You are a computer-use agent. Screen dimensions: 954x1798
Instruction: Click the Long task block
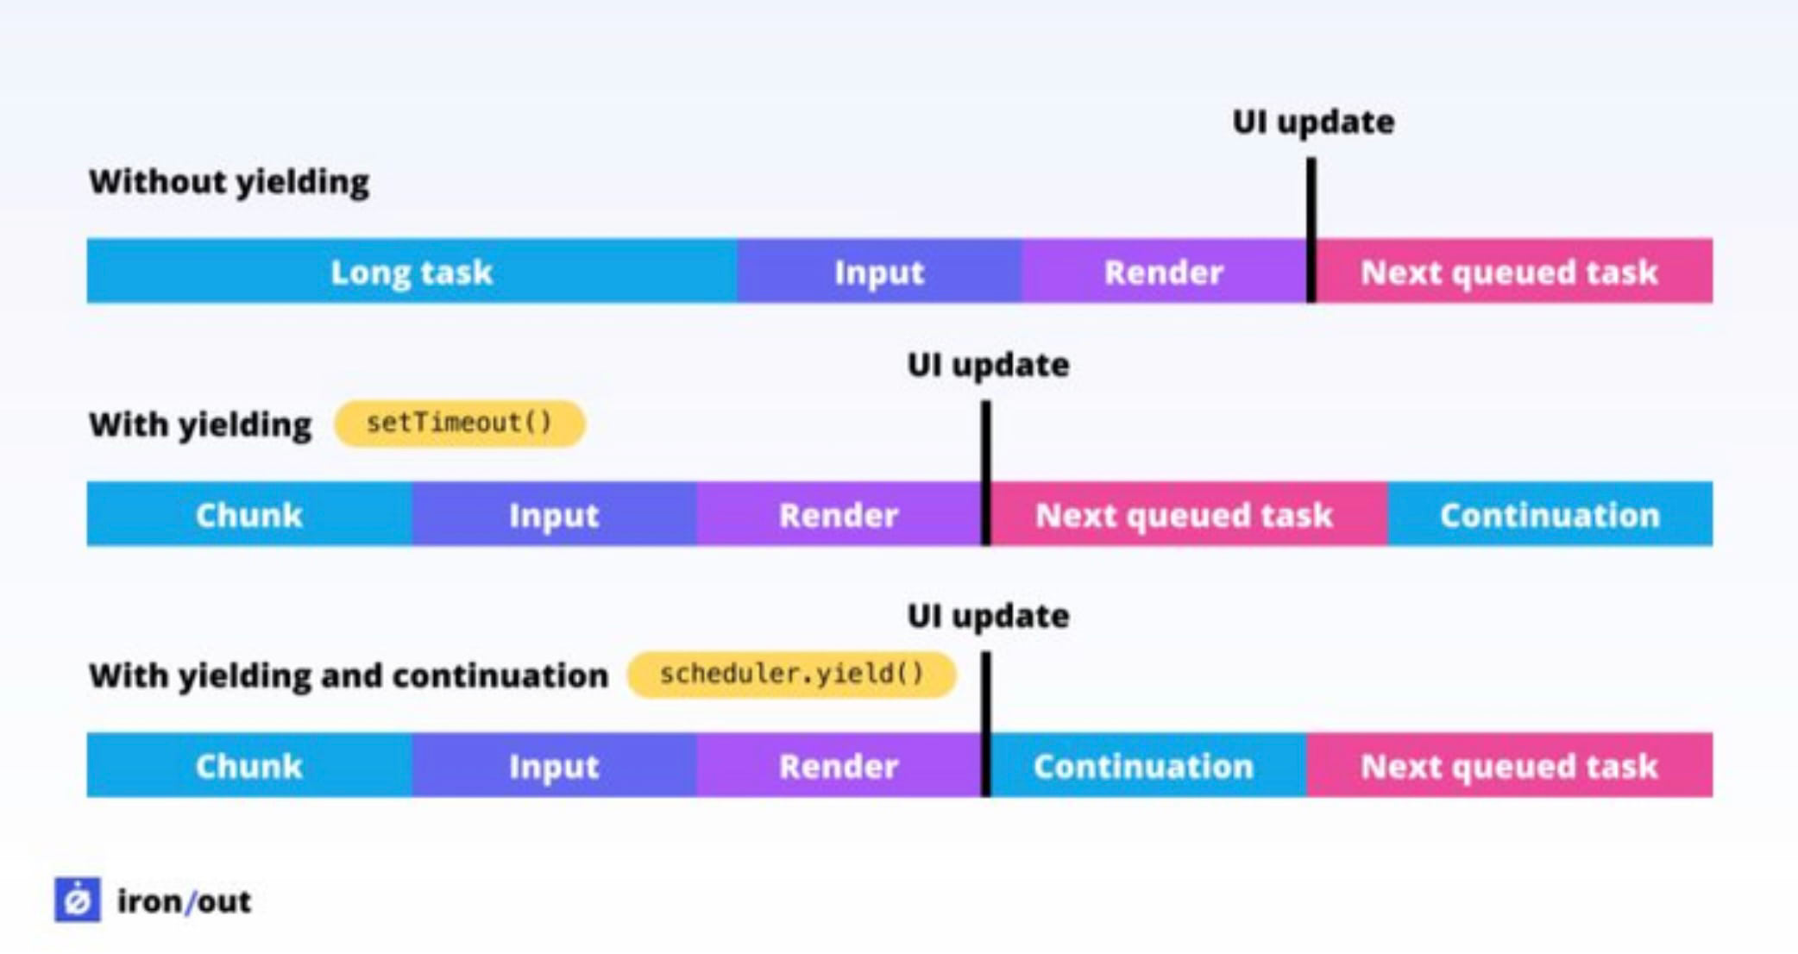(x=412, y=272)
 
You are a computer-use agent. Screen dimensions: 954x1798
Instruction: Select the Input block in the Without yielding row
(x=878, y=272)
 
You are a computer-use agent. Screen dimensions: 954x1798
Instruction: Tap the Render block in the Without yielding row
(x=1163, y=272)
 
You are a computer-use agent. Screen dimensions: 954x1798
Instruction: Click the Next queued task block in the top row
(x=1510, y=272)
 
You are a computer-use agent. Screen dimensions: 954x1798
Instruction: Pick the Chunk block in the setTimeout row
(x=248, y=515)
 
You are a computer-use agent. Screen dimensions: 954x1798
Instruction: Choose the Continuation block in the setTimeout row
(x=1550, y=515)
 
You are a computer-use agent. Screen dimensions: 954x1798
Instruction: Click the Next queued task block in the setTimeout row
(x=1184, y=515)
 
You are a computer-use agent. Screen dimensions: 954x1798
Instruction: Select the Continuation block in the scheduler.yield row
(x=1144, y=766)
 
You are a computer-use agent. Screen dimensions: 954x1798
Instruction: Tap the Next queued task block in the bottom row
(x=1510, y=766)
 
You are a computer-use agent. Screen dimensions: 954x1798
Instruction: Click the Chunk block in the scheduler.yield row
(x=248, y=766)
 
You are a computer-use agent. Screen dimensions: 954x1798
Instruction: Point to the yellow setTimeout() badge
(x=459, y=424)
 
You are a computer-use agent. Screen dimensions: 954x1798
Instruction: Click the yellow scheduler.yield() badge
(x=791, y=675)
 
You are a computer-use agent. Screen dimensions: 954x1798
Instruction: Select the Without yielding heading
(x=229, y=182)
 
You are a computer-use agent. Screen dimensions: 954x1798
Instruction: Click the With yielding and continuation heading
(x=349, y=675)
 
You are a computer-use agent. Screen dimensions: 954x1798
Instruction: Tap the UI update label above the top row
(x=1312, y=122)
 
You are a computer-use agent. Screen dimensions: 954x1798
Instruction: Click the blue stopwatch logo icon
(x=78, y=901)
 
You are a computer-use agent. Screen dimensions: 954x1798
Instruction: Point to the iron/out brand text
(x=184, y=901)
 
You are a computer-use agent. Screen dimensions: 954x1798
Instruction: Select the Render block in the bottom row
(x=839, y=766)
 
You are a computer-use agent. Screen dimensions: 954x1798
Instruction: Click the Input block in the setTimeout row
(x=554, y=515)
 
